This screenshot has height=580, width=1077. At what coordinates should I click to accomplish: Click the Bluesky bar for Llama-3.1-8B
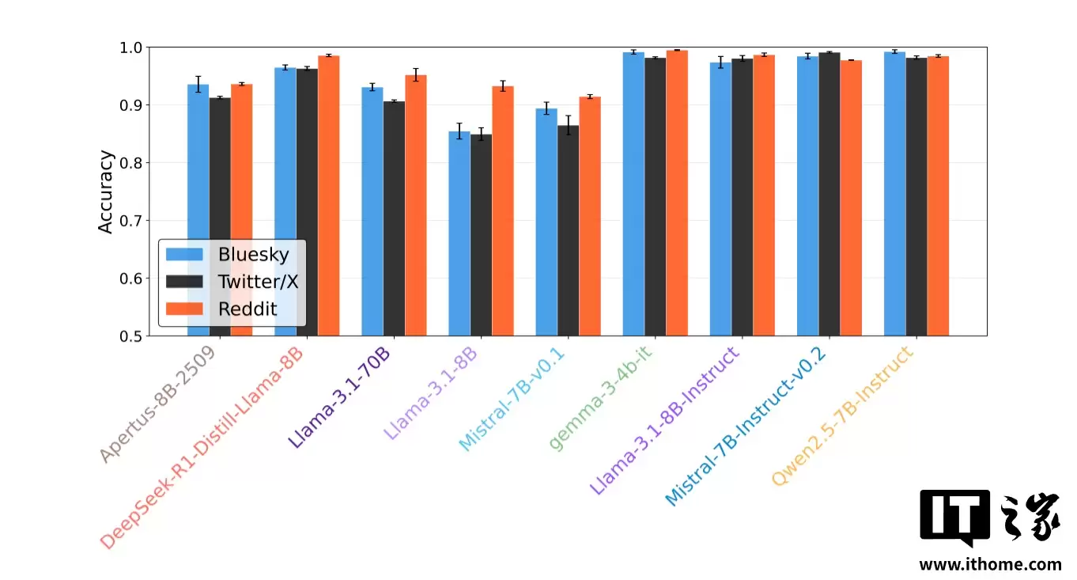click(459, 233)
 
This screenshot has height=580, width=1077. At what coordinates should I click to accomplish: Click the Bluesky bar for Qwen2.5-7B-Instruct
click(894, 193)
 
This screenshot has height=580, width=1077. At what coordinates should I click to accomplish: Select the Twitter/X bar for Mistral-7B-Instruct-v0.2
click(829, 194)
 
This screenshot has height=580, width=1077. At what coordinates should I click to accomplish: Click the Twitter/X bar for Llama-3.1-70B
click(394, 218)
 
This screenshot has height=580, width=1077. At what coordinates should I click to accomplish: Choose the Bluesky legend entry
click(229, 255)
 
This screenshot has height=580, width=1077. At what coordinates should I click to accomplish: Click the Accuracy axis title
click(106, 192)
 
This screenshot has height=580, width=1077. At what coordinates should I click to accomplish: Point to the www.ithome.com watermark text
click(989, 564)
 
